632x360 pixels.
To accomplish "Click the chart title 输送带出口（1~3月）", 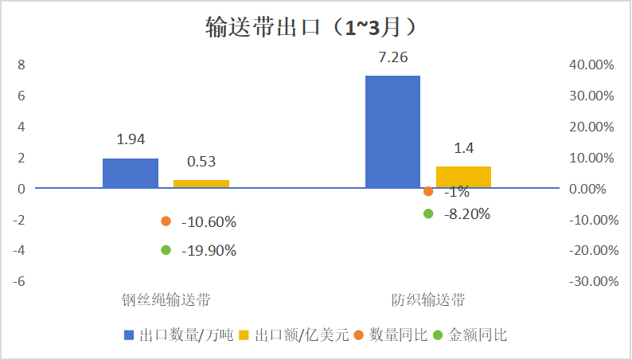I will pyautogui.click(x=311, y=28).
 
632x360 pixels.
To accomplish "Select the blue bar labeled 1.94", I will pyautogui.click(x=131, y=173).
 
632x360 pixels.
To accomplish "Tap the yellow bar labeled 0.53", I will pyautogui.click(x=201, y=184).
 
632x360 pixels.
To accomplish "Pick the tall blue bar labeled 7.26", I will pyautogui.click(x=392, y=131).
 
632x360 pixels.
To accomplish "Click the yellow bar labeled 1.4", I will pyautogui.click(x=463, y=177).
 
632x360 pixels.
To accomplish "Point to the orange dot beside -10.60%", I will pyautogui.click(x=166, y=221).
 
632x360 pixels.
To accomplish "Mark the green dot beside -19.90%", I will pyautogui.click(x=166, y=250).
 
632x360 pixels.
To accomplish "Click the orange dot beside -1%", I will pyautogui.click(x=428, y=191).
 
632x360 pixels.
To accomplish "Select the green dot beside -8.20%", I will pyautogui.click(x=428, y=213).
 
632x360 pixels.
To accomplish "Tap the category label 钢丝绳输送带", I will pyautogui.click(x=166, y=300).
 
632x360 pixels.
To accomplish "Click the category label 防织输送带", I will pyautogui.click(x=428, y=300).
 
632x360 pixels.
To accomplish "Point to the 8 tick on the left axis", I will pyautogui.click(x=21, y=65).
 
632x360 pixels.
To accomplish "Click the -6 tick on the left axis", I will pyautogui.click(x=19, y=281).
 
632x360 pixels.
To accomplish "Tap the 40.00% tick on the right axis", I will pyautogui.click(x=591, y=65).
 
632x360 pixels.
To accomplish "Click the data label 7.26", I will pyautogui.click(x=392, y=57).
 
